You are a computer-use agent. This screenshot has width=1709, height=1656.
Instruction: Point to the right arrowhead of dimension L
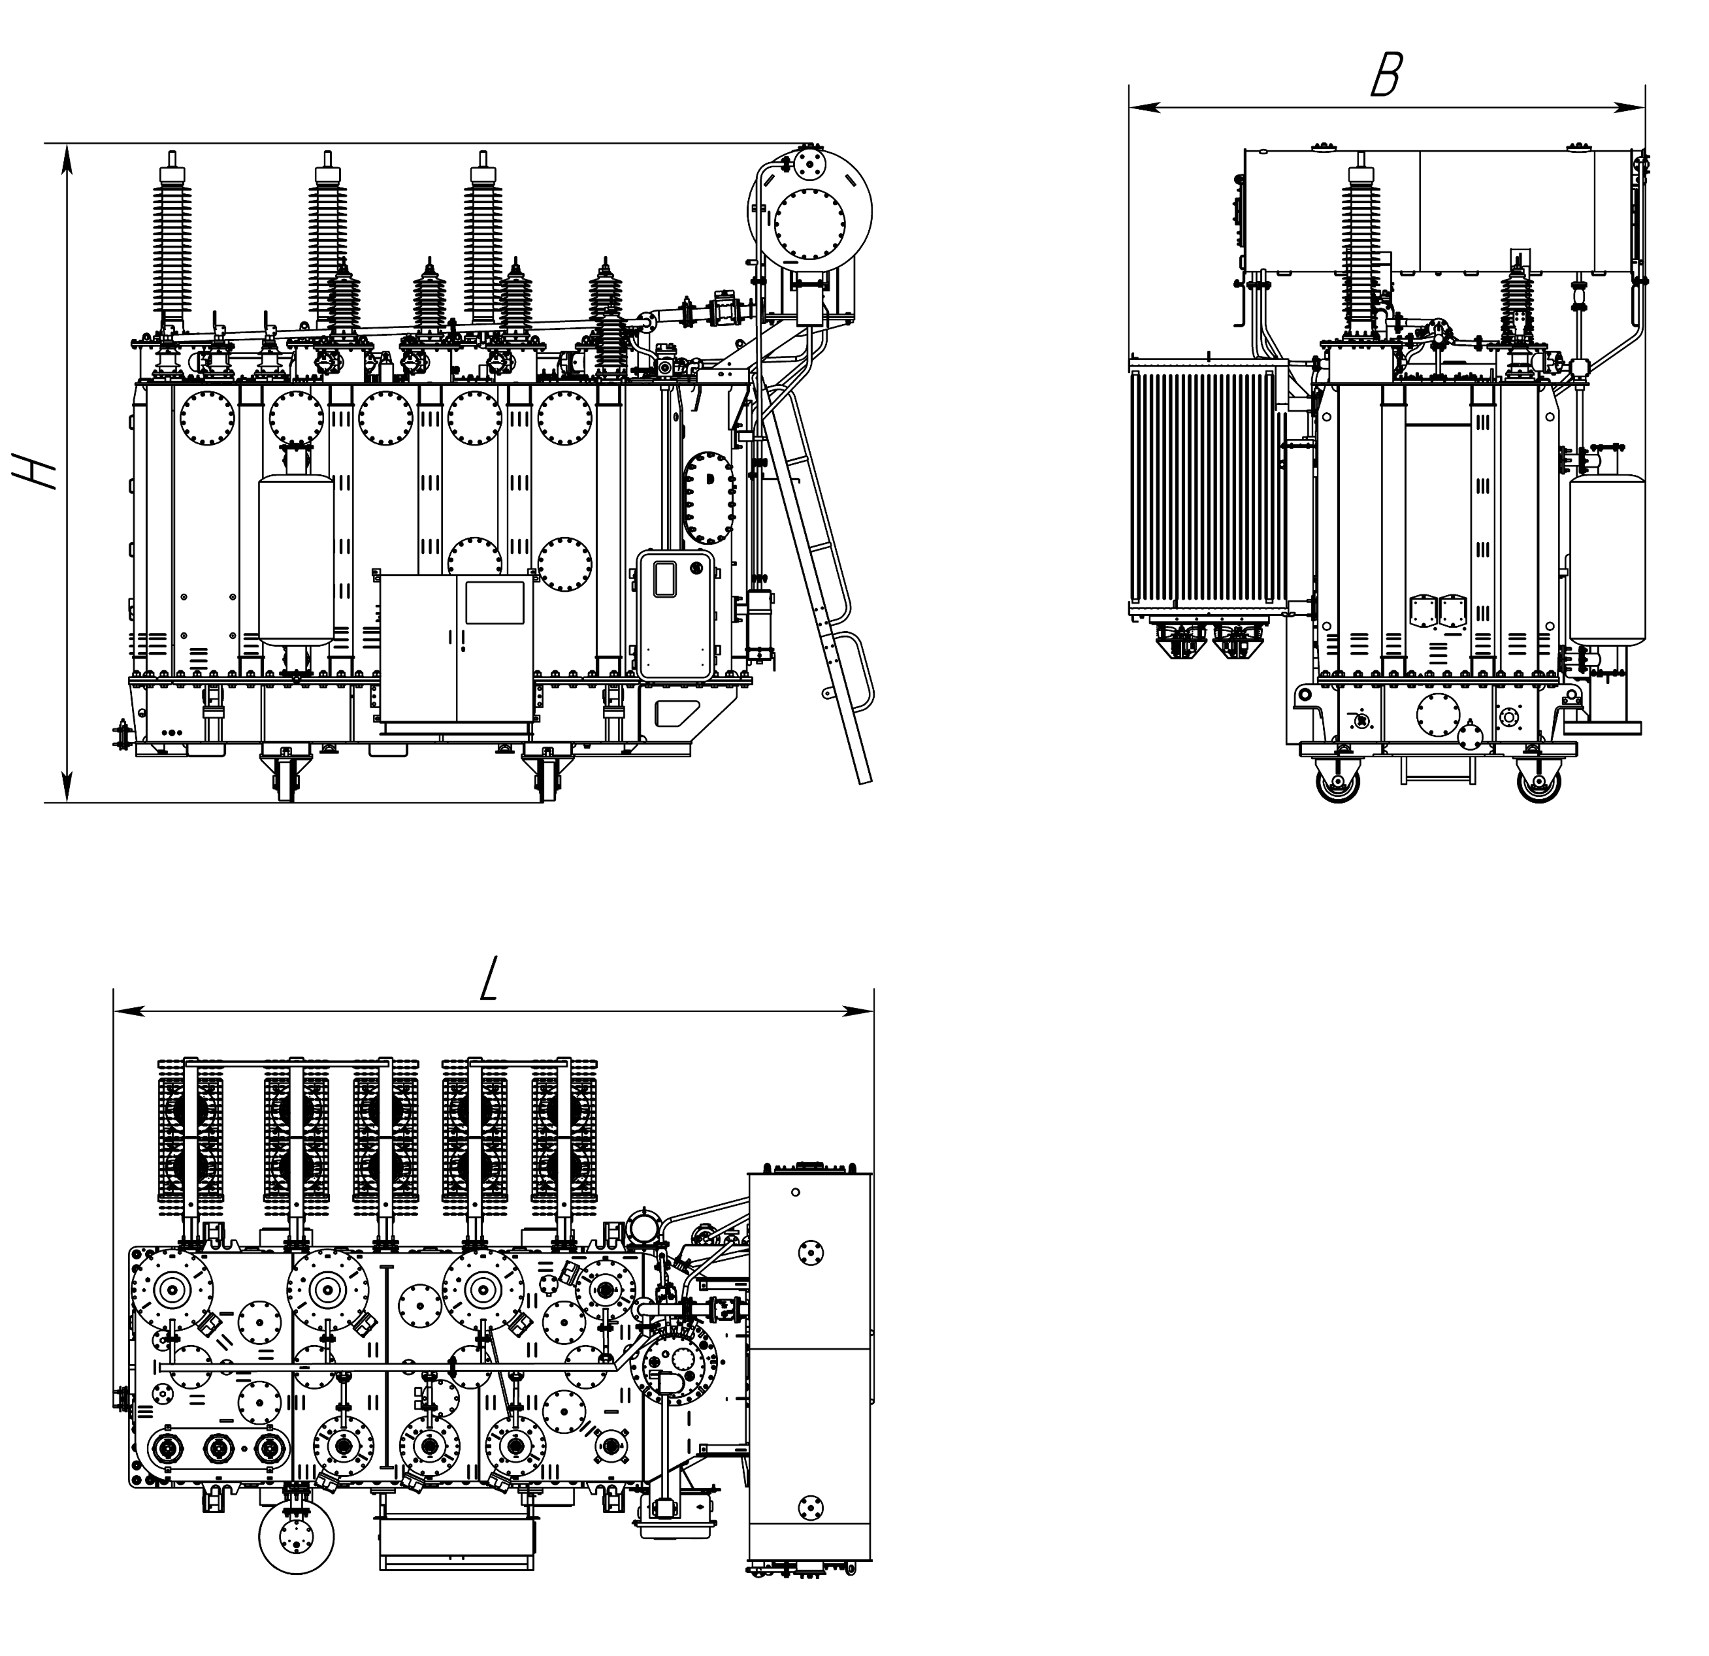pyautogui.click(x=859, y=1011)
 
